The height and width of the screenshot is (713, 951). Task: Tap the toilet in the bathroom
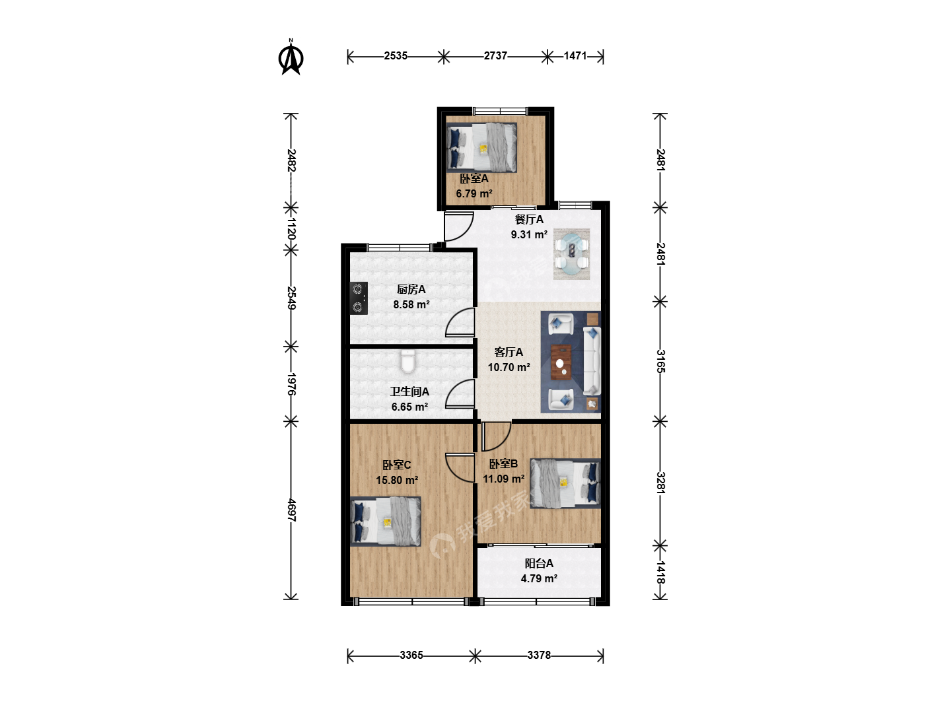[407, 362]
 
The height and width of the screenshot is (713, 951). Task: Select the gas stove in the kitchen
[359, 298]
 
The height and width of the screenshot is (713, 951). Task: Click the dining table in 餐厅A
[572, 254]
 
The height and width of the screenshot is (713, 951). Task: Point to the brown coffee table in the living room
[561, 362]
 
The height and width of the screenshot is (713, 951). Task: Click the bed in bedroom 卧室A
[481, 147]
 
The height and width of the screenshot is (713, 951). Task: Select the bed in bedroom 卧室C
[386, 522]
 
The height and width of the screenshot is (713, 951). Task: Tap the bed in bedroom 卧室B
[565, 483]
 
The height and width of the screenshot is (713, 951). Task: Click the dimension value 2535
[396, 56]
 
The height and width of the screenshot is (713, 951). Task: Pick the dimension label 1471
[575, 56]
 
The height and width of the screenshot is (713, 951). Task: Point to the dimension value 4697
[292, 510]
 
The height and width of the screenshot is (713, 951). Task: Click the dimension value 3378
[539, 655]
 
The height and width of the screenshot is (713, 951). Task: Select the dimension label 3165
[660, 361]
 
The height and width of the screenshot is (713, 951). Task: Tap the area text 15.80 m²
[397, 480]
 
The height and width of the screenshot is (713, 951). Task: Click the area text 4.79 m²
[539, 578]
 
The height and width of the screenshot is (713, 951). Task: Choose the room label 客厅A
[509, 352]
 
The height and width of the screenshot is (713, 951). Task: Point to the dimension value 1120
[292, 229]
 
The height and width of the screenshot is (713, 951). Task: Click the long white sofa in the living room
[592, 361]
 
